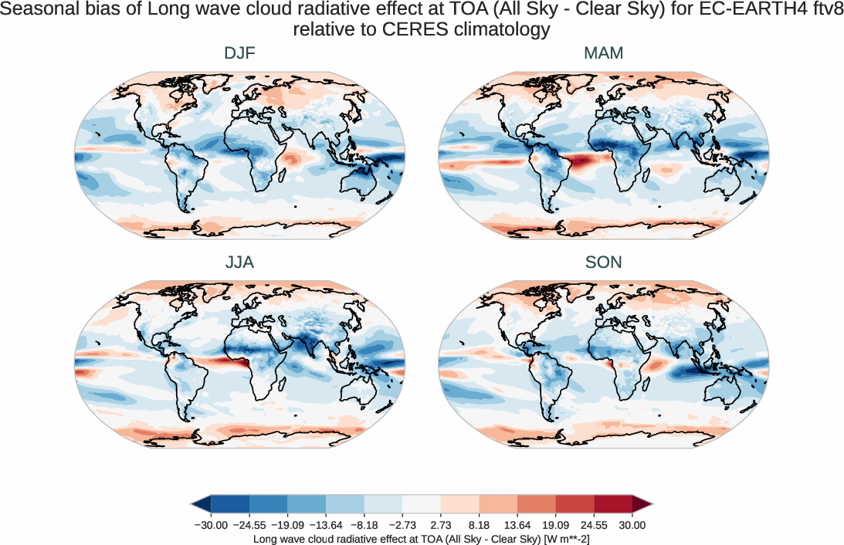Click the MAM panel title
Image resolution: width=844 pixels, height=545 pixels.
pos(603,53)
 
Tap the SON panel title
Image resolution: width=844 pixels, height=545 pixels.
pos(603,262)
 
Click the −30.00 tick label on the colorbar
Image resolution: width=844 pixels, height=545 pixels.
pos(209,525)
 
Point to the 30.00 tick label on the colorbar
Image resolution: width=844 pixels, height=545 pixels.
pos(632,525)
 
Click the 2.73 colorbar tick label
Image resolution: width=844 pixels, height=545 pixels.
pos(440,525)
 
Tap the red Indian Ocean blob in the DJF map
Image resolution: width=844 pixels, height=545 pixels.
pos(293,160)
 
